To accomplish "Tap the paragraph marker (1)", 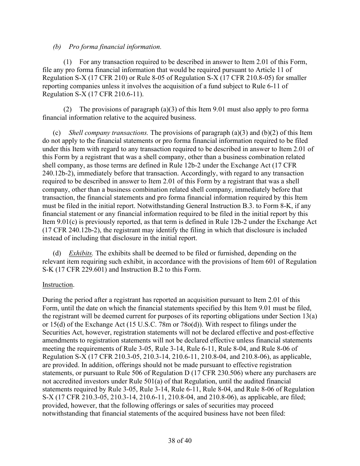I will click(x=67, y=62).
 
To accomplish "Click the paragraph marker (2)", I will click(x=67, y=109).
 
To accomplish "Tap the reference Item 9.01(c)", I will click(x=61, y=222).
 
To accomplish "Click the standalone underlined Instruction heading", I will click(x=57, y=285).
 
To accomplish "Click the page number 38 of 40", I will click(x=180, y=441).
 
